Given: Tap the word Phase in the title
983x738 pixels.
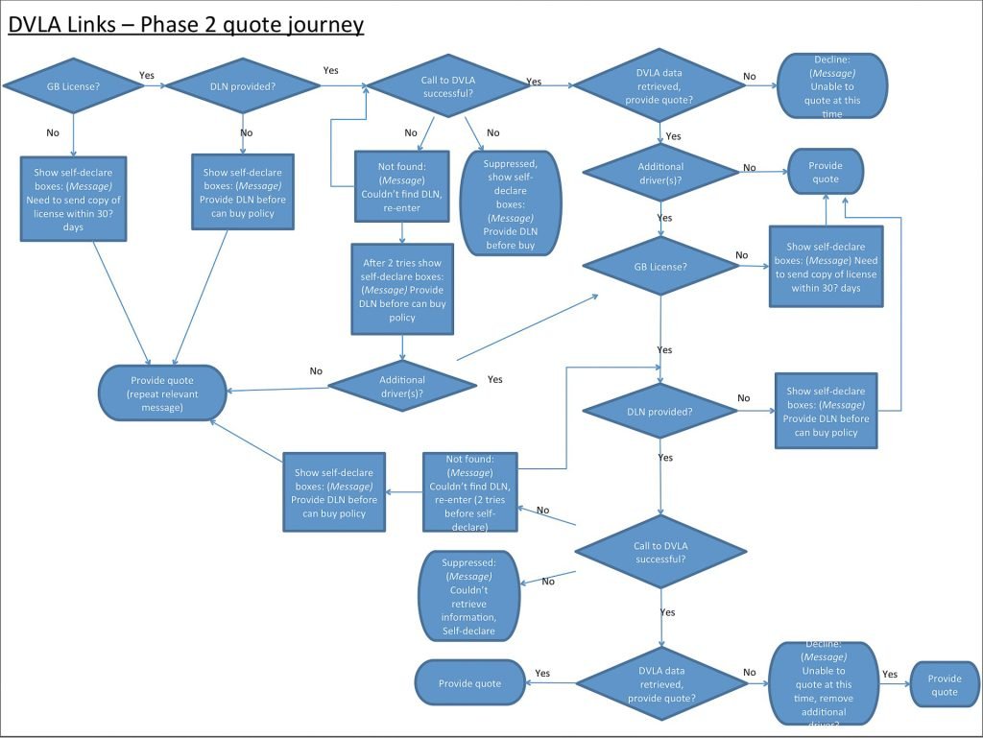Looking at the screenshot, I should (173, 23).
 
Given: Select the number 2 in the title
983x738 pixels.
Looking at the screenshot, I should (211, 23).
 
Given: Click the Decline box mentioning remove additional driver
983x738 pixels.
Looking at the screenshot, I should (825, 682).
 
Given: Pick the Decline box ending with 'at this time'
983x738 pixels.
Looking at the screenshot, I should (832, 85).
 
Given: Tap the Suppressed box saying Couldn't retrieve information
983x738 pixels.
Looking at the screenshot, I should (468, 596).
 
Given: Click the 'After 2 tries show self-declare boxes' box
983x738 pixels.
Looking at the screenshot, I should (402, 288).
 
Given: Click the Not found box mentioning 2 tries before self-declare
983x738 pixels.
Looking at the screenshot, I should (469, 491).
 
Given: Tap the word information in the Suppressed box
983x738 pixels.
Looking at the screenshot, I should (468, 617).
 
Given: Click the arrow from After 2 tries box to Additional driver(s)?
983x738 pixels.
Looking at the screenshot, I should (402, 345).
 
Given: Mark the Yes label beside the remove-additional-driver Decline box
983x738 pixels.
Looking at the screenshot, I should (889, 674).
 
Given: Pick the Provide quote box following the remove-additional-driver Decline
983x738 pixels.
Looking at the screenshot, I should (944, 685).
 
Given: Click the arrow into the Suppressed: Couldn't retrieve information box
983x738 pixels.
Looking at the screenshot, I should (547, 578).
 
